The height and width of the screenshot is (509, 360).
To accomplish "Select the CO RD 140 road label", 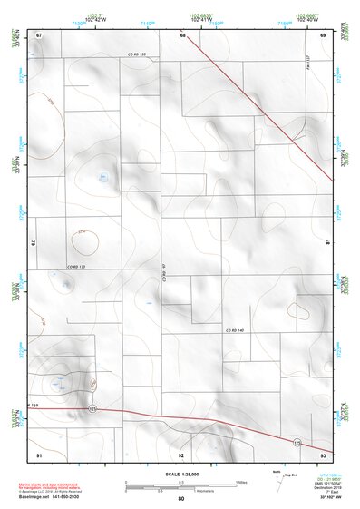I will (236, 328).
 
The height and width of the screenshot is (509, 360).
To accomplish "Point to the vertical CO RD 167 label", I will (164, 269).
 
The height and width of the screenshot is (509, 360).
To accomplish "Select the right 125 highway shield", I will (296, 442).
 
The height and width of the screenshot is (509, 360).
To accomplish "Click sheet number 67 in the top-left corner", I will (39, 34).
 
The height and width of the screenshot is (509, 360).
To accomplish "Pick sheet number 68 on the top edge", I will (182, 34).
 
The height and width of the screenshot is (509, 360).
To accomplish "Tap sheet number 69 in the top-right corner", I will (323, 34).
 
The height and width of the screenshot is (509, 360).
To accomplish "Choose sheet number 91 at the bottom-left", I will (39, 454).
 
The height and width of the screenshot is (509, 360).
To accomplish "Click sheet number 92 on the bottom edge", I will (181, 454).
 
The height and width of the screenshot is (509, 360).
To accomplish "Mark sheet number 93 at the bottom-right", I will (323, 454).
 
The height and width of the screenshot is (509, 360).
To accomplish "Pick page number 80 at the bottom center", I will (180, 500).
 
